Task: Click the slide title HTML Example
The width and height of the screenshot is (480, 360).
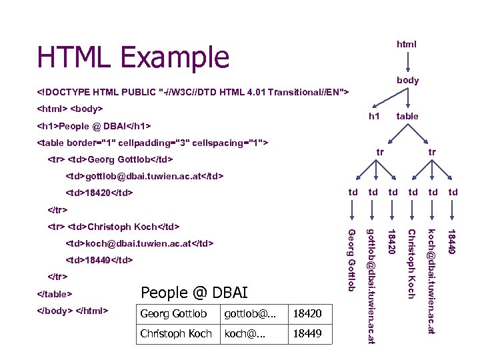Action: (133, 58)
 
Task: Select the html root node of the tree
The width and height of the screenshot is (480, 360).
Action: (407, 44)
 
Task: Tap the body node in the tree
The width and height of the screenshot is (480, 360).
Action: (407, 80)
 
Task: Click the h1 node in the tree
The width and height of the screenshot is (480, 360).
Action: (375, 116)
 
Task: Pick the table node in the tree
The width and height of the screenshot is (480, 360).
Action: (407, 116)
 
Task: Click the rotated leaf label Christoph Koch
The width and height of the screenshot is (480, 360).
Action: (411, 264)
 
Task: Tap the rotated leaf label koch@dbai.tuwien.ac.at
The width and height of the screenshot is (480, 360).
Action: (431, 281)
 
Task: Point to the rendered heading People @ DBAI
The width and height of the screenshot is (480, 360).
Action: (194, 293)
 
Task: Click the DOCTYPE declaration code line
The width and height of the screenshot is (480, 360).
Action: (193, 91)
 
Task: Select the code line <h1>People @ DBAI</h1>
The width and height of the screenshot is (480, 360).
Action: (94, 126)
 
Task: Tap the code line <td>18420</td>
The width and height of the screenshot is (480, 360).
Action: (99, 193)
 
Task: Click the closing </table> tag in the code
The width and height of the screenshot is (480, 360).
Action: (54, 293)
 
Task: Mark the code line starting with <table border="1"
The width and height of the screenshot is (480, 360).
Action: (153, 143)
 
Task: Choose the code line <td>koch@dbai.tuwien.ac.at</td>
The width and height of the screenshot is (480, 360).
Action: (140, 243)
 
